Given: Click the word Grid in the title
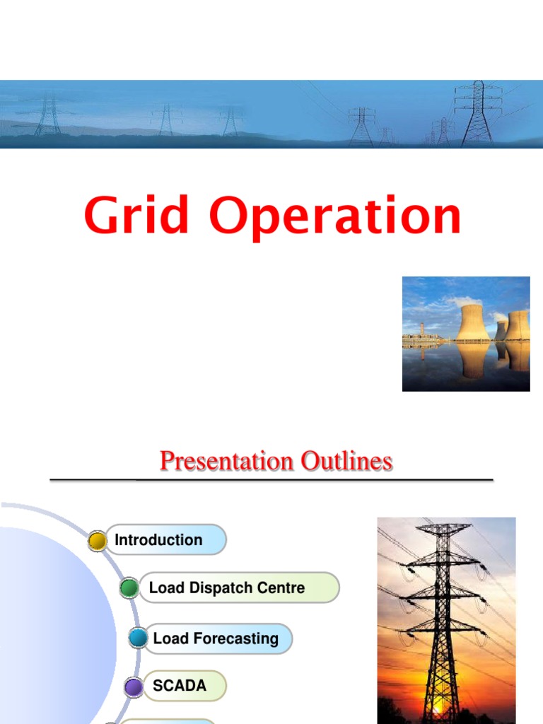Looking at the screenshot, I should [136, 216].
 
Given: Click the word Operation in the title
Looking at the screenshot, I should [335, 217].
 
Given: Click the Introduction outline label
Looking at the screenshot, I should [158, 540].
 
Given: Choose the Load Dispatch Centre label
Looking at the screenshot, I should [227, 588].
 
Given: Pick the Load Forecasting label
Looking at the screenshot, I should [215, 639].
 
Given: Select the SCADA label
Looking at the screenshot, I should [180, 686].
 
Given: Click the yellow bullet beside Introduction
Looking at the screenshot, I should [97, 542].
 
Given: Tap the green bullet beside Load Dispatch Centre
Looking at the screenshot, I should [129, 588].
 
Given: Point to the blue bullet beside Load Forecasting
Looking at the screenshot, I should [138, 638].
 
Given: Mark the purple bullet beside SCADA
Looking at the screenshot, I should [133, 687].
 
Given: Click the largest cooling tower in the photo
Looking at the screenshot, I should [473, 322].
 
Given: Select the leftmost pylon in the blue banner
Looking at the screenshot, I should [48, 117].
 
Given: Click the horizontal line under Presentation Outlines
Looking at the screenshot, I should [271, 480].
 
